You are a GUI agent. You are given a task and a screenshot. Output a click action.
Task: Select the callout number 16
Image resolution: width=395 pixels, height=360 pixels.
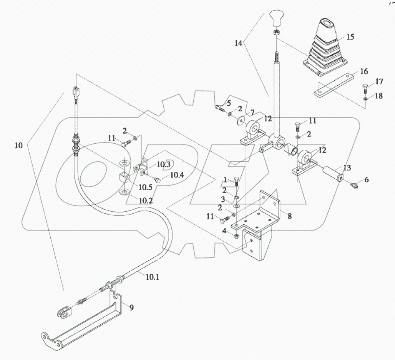click(363, 72)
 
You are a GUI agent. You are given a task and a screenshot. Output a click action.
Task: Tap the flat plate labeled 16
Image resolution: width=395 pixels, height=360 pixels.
click(333, 86)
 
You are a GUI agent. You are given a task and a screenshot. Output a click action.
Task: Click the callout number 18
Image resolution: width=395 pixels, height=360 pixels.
click(379, 96)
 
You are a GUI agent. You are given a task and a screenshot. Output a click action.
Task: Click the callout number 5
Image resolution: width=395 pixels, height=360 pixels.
click(229, 103)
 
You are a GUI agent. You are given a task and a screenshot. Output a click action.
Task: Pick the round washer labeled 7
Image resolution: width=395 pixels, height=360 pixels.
click(241, 120)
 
